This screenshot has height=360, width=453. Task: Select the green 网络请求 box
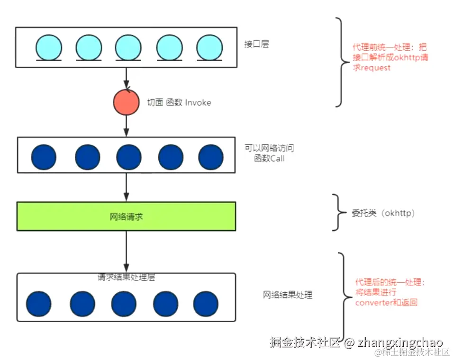(x=126, y=216)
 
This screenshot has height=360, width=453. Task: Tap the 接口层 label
(x=256, y=45)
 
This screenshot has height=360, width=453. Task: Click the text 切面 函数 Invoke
(x=179, y=102)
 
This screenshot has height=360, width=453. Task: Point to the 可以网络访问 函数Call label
(x=269, y=153)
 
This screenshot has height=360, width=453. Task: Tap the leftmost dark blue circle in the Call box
(x=44, y=157)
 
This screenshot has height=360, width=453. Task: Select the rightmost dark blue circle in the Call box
(x=210, y=157)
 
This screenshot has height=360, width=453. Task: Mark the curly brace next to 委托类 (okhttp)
(x=337, y=213)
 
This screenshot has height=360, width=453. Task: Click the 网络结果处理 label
(x=288, y=295)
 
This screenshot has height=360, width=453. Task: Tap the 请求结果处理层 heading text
(x=126, y=278)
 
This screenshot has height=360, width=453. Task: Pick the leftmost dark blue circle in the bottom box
(x=38, y=304)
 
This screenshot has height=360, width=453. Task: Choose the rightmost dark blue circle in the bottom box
(x=206, y=304)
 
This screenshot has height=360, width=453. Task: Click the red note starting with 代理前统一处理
(x=390, y=58)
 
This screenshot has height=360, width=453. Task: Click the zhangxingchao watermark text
(x=400, y=342)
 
